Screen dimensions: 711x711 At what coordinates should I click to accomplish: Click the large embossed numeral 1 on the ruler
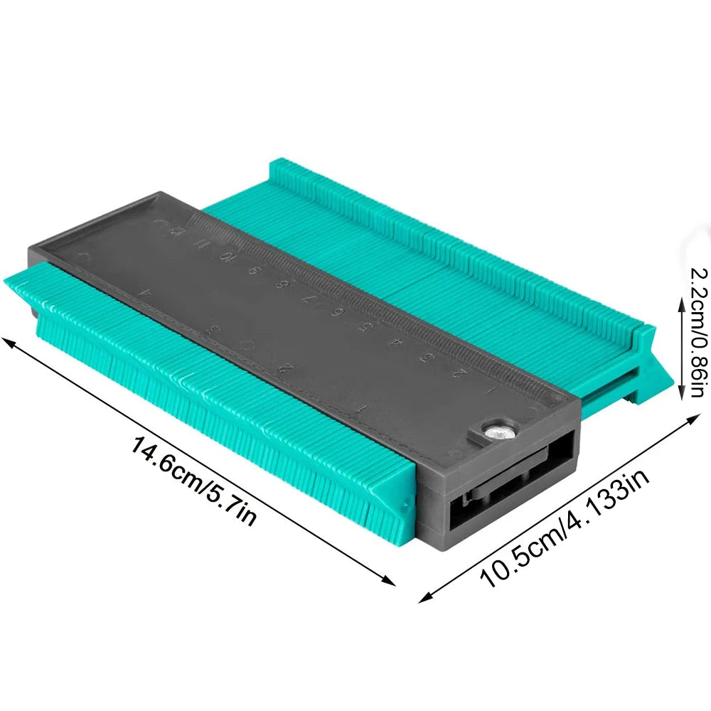(x=362, y=408)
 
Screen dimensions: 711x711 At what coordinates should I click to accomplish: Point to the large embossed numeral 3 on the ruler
(x=212, y=330)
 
